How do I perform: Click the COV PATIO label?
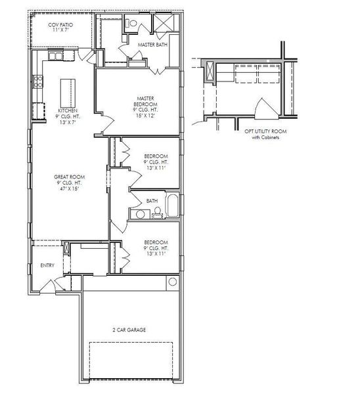coord(60,25)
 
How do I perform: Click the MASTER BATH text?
coord(152,45)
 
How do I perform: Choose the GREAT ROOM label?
coord(68,177)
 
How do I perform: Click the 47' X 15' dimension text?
coord(68,189)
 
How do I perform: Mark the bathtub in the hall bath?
coord(172,206)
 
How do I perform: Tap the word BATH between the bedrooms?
coord(152,201)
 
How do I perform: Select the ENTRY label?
coord(47,265)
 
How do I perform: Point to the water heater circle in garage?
coord(172,282)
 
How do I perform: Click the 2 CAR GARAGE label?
coord(129,329)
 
